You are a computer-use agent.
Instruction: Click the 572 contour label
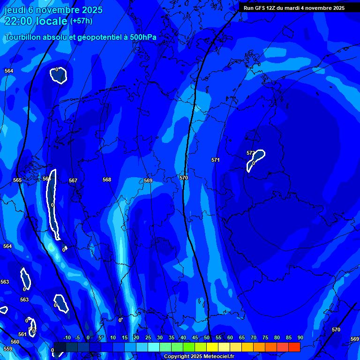pos(251,153)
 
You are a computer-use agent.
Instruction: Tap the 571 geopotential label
pos(215,160)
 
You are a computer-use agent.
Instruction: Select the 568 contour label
pos(107,180)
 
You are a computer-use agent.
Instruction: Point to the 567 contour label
pos(73,180)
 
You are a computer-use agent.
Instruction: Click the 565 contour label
pos(17,180)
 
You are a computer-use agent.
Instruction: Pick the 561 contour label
pos(22,334)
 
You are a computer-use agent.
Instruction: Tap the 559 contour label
pos(7,349)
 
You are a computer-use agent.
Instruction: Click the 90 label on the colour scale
pos(300,337)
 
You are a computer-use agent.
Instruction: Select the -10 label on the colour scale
pos(67,337)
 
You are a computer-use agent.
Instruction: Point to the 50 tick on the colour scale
pos(207,337)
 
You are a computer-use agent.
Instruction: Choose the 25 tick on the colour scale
pos(148,337)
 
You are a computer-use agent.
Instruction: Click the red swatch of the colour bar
pos(294,347)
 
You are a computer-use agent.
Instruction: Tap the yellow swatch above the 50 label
pos(212,347)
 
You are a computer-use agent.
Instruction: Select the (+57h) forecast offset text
pos(81,21)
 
